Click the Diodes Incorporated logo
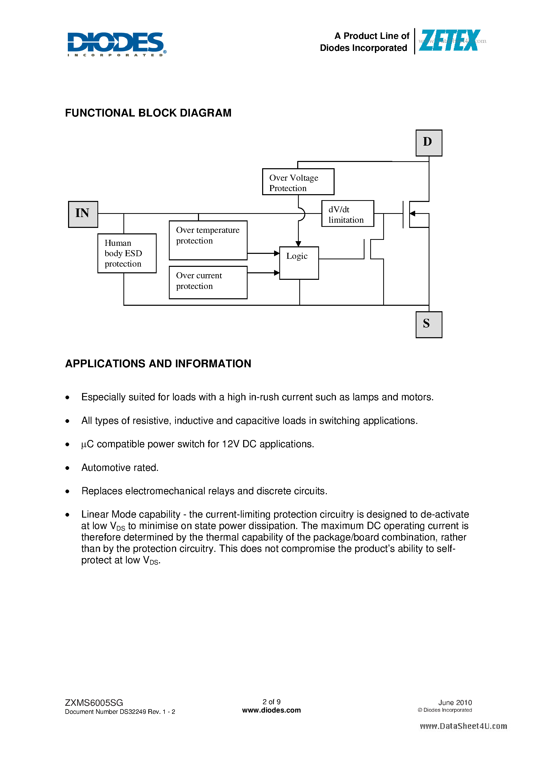click(x=116, y=44)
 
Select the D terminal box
click(x=428, y=143)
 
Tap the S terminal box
click(x=428, y=324)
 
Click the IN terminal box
click(x=83, y=214)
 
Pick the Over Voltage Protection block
click(x=298, y=182)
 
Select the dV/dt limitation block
click(x=347, y=214)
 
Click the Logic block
click(x=299, y=263)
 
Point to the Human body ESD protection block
click(x=127, y=253)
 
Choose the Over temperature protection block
click(x=208, y=240)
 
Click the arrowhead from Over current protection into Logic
click(x=277, y=273)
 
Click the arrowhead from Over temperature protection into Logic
click(x=277, y=253)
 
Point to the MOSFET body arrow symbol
click(x=412, y=214)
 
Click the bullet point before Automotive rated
click(x=68, y=468)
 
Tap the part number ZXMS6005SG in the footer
click(x=94, y=702)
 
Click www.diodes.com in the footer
click(x=271, y=710)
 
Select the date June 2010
click(x=455, y=702)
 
